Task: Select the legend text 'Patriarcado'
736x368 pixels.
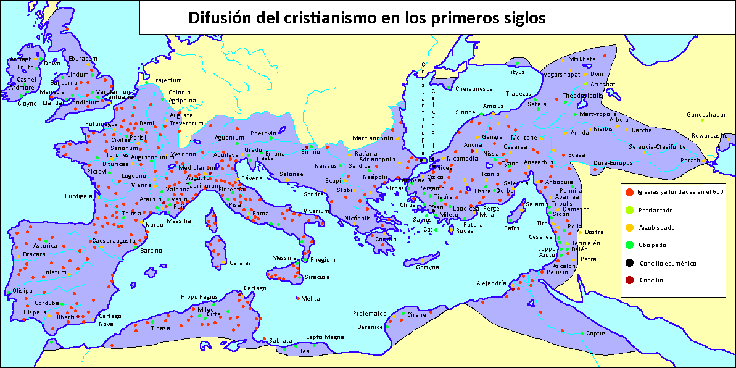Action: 656,210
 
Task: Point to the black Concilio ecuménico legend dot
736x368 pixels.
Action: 629,263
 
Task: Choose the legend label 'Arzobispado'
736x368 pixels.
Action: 657,227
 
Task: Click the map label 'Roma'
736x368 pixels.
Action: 260,214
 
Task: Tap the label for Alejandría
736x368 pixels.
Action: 491,283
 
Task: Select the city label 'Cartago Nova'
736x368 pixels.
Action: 105,320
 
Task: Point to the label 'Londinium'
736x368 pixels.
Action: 83,102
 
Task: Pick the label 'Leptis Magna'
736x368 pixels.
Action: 325,337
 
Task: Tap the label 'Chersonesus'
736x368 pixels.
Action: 474,89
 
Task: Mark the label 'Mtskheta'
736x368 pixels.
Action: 582,59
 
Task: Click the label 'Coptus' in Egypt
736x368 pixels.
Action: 595,333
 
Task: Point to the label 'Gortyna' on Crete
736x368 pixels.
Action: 428,267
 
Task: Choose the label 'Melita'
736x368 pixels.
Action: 310,299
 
